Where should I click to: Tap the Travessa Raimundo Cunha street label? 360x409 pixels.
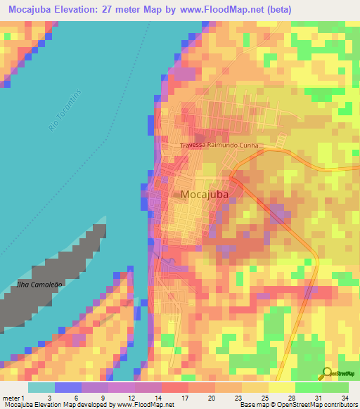(219, 146)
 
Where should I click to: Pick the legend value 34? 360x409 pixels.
(345, 398)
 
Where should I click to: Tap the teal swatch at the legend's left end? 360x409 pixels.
(41, 387)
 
